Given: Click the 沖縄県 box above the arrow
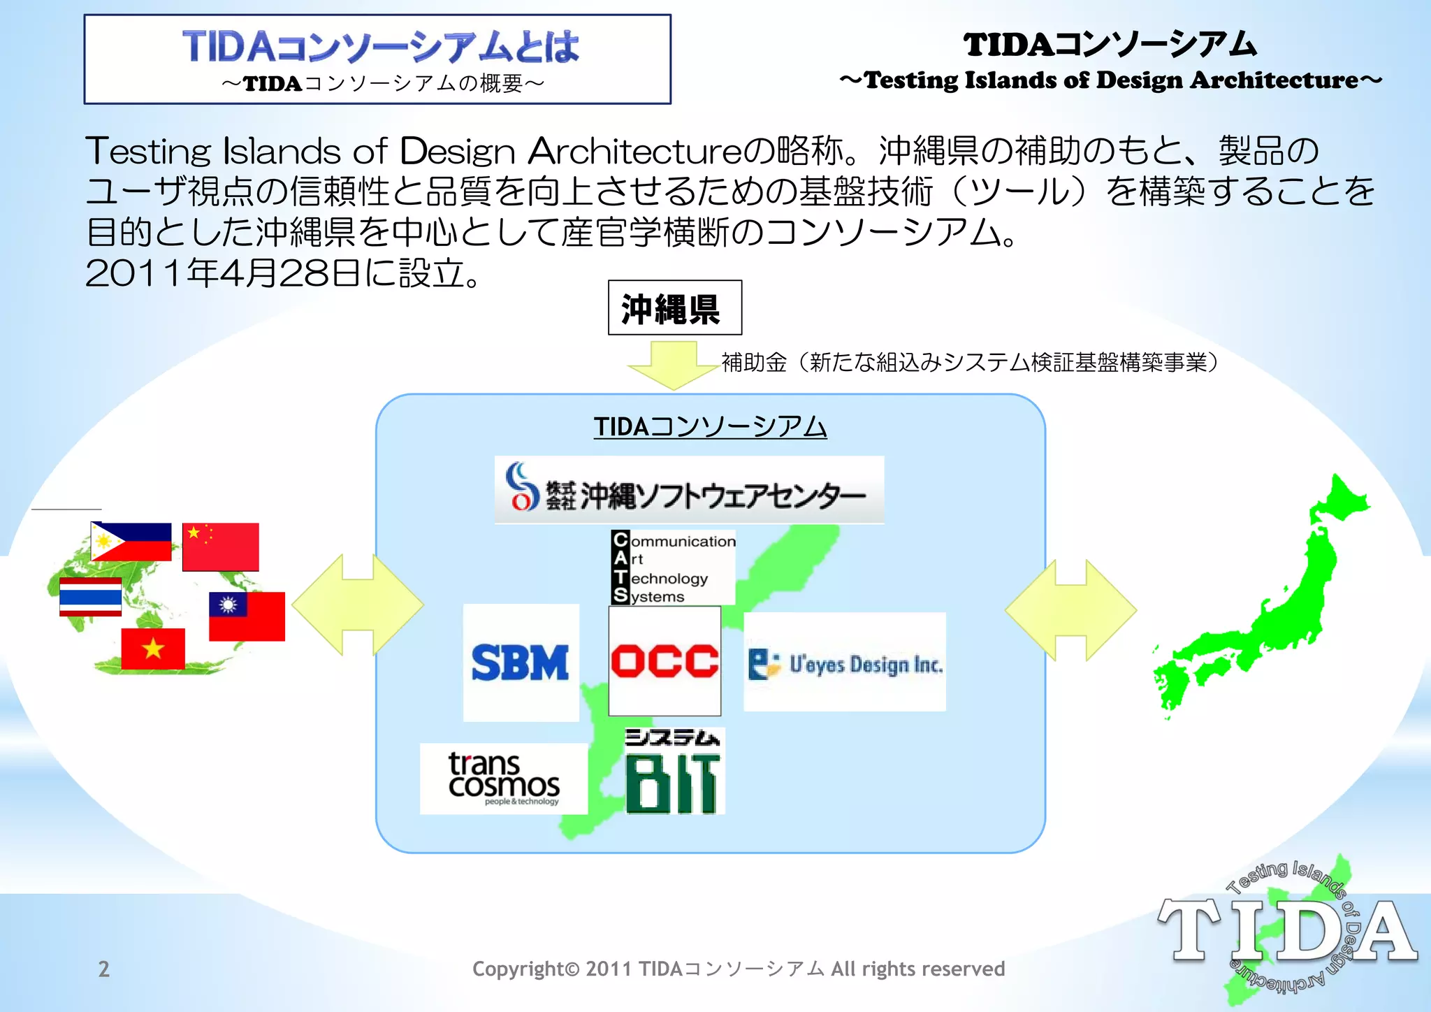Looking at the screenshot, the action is pos(674,308).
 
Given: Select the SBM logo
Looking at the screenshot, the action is pos(521,663).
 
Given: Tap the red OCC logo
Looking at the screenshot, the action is pos(664,661).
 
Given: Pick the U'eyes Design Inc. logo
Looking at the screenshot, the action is pos(844,663).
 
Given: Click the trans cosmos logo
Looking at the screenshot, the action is pos(503,779).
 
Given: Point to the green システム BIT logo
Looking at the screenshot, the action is pos(674,772).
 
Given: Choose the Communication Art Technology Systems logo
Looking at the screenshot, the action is pos(673,568).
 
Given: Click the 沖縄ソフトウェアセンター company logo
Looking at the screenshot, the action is pos(689,491).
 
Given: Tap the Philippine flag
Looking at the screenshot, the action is pos(131,542).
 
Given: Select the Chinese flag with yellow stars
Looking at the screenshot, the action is pos(221,547).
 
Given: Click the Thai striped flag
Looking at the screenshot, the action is pos(90,597).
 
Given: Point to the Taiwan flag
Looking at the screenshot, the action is pos(247,616).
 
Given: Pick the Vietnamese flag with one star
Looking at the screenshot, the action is pos(153,649).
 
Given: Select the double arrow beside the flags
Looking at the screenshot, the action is pos(358,605).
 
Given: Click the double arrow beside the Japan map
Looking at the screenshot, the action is pos(1070,610).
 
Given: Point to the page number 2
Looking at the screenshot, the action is pos(104,969).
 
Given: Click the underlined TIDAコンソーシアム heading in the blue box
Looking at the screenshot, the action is pos(710,426).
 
